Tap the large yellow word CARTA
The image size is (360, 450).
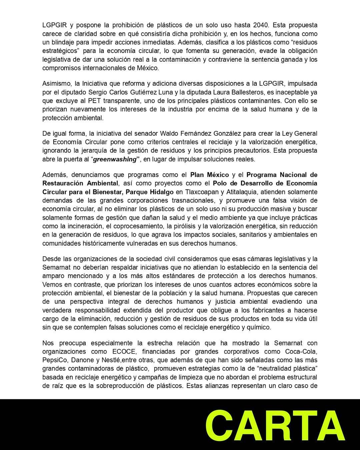tap(275, 426)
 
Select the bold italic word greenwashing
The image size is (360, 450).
tap(115, 159)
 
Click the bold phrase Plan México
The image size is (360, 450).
tap(210, 175)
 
